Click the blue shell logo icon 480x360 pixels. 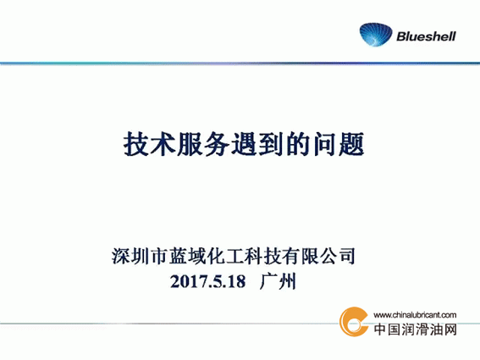(376, 35)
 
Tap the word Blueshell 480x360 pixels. (426, 36)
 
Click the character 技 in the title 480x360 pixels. (136, 144)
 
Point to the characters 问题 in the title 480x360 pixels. (339, 144)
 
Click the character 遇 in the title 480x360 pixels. (245, 144)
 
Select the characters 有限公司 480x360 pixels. (318, 256)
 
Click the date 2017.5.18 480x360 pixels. (208, 281)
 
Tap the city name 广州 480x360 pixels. (278, 281)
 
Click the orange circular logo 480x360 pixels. (354, 321)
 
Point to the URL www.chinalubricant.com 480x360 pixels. (415, 314)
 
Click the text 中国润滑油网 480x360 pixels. (415, 330)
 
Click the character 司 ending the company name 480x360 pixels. (346, 256)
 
